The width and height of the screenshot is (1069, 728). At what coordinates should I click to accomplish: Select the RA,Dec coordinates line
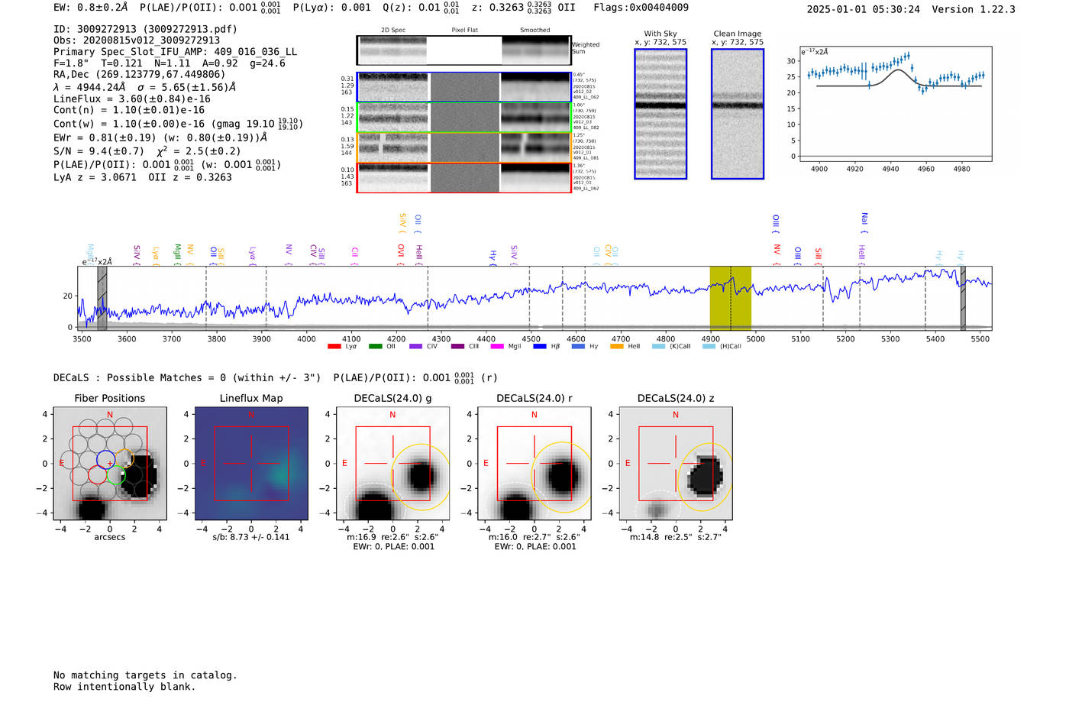140,74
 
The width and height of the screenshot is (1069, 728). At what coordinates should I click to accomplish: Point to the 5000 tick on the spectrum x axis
755,338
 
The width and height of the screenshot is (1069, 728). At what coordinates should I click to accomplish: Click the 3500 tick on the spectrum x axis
82,338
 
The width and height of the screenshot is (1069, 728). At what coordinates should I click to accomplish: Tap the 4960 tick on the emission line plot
926,169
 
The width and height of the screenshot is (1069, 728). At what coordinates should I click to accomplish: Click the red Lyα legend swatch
334,346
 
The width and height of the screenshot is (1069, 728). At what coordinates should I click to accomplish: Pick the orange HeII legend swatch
617,346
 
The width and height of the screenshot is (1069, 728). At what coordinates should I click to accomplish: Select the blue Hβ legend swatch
539,346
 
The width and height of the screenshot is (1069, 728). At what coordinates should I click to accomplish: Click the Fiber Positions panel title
110,398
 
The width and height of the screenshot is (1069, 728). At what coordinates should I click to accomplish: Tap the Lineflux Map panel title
251,398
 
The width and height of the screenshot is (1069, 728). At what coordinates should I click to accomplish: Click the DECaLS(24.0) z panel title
676,398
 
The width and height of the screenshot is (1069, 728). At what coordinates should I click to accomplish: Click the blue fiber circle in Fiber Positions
105,460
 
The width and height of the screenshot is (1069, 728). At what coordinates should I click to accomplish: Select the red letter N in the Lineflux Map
251,415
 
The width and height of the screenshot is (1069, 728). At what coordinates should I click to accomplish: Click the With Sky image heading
660,34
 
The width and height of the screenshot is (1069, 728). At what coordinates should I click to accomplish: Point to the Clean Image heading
738,34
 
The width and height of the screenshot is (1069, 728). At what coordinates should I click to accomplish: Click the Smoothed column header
534,30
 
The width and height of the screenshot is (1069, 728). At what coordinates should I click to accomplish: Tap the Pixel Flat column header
464,30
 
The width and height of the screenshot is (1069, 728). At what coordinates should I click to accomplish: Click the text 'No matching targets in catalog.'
145,675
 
